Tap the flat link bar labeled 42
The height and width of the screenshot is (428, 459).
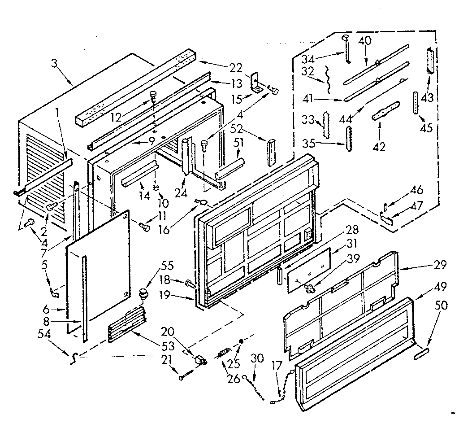pyautogui.click(x=385, y=110)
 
